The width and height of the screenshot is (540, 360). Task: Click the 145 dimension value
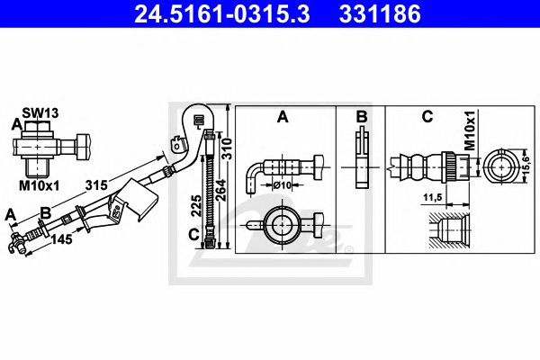pyautogui.click(x=61, y=240)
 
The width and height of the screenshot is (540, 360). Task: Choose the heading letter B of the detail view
pyautogui.click(x=360, y=116)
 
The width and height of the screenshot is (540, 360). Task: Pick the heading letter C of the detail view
pyautogui.click(x=427, y=116)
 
